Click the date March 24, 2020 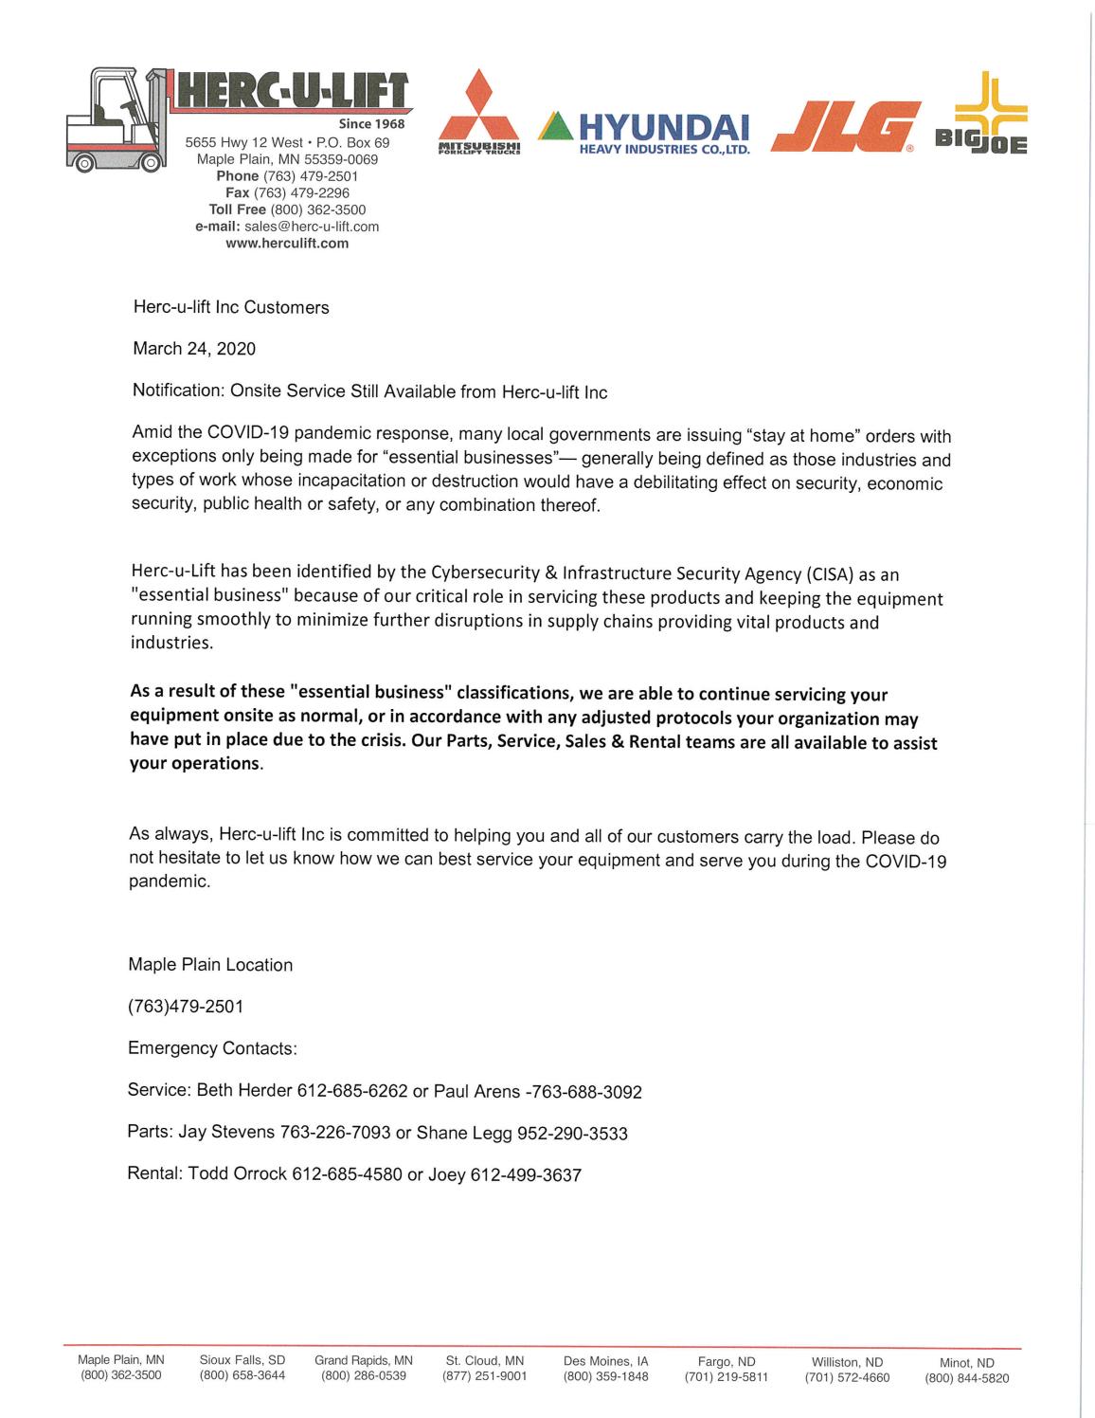(194, 349)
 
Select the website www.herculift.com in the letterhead (287, 244)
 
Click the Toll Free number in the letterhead (318, 209)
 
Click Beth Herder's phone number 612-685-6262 (352, 1091)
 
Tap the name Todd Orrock (238, 1174)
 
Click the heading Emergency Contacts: (212, 1048)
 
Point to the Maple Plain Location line (210, 965)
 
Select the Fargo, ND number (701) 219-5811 (726, 1377)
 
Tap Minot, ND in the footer (967, 1363)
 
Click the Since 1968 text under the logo (371, 124)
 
